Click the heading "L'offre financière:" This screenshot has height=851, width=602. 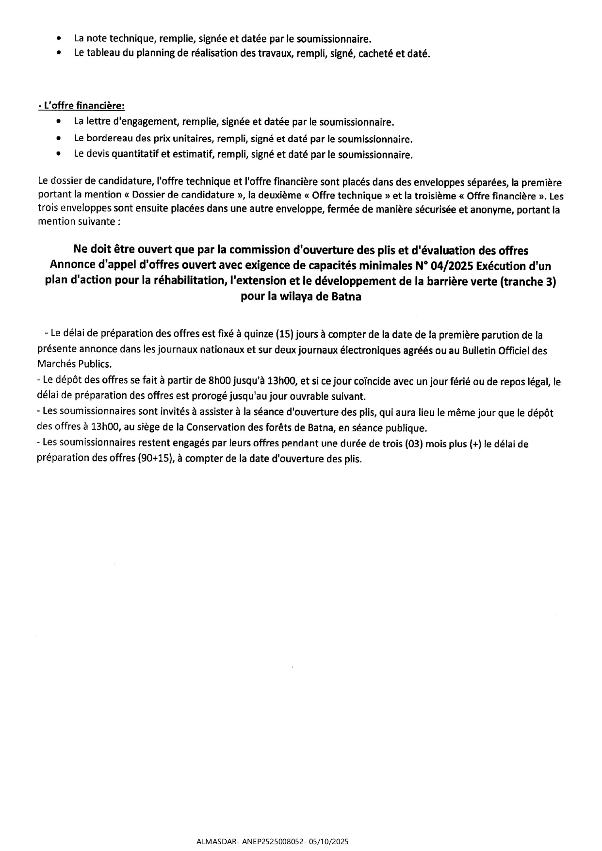pos(81,105)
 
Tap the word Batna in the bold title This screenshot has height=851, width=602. pos(346,297)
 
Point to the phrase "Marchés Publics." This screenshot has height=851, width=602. pos(74,363)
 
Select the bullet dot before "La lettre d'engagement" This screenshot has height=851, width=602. pos(59,121)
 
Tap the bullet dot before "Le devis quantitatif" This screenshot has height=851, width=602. pos(59,155)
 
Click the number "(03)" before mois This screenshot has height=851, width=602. pos(413,443)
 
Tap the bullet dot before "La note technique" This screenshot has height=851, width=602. pos(59,38)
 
